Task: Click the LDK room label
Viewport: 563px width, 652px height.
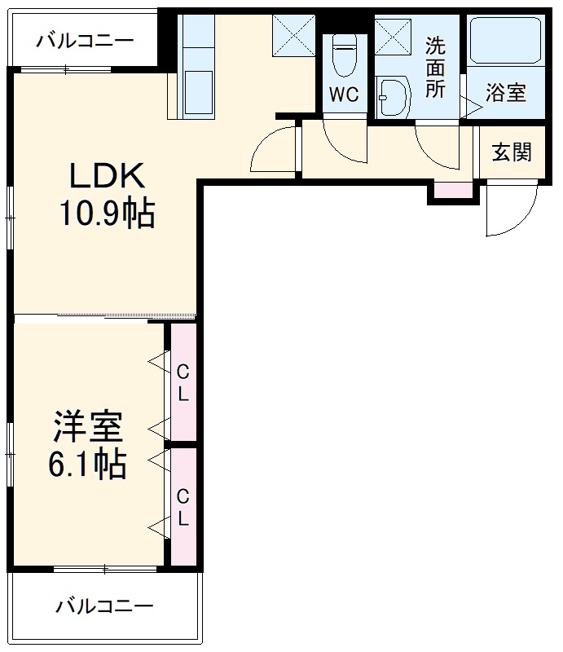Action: (106, 175)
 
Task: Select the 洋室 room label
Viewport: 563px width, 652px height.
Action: (88, 427)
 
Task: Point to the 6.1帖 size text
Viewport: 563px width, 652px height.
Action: (88, 464)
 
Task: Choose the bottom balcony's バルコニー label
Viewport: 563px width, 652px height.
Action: (104, 606)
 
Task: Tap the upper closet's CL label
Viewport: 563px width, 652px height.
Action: (183, 383)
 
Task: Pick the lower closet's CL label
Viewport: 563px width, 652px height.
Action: (183, 507)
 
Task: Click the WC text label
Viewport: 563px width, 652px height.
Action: (343, 95)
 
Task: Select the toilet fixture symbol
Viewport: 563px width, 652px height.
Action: (343, 56)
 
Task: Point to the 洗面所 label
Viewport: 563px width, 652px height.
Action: (436, 68)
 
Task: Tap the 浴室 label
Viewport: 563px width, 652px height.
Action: (506, 92)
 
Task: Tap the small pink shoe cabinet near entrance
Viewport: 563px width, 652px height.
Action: (452, 191)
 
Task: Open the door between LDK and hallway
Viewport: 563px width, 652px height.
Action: (273, 151)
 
